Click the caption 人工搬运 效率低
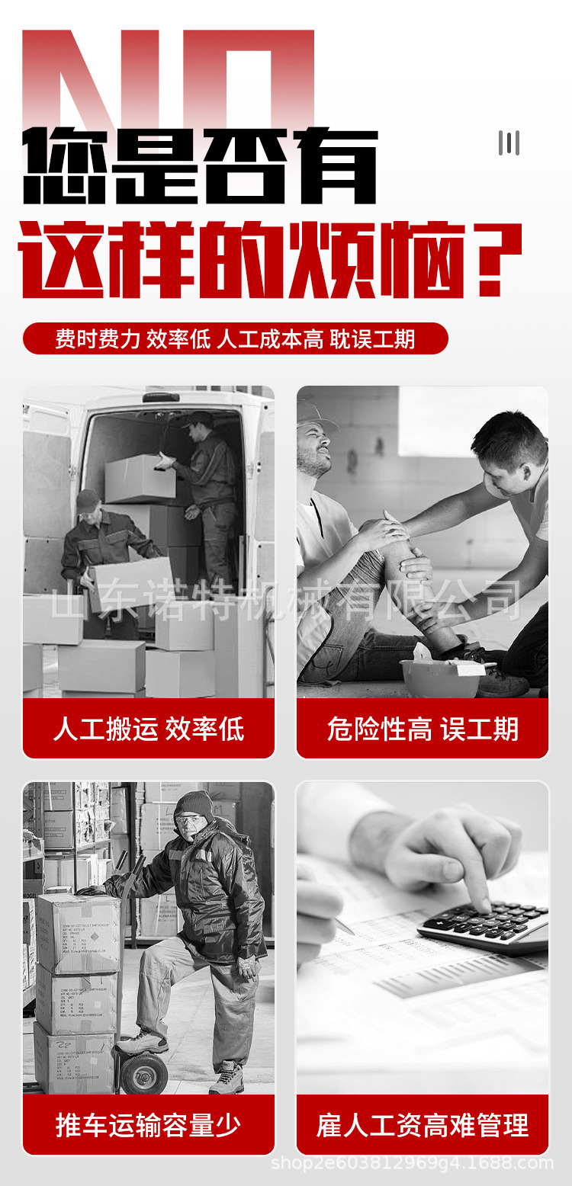click(x=148, y=729)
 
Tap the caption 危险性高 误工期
click(x=423, y=729)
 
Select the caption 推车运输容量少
click(x=148, y=1125)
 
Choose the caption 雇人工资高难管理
click(x=423, y=1125)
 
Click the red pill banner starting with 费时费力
click(x=235, y=338)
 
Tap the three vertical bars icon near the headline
click(x=509, y=143)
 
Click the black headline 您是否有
click(x=200, y=166)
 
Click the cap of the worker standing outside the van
click(x=88, y=499)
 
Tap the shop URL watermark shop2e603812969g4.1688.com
click(x=412, y=1163)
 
